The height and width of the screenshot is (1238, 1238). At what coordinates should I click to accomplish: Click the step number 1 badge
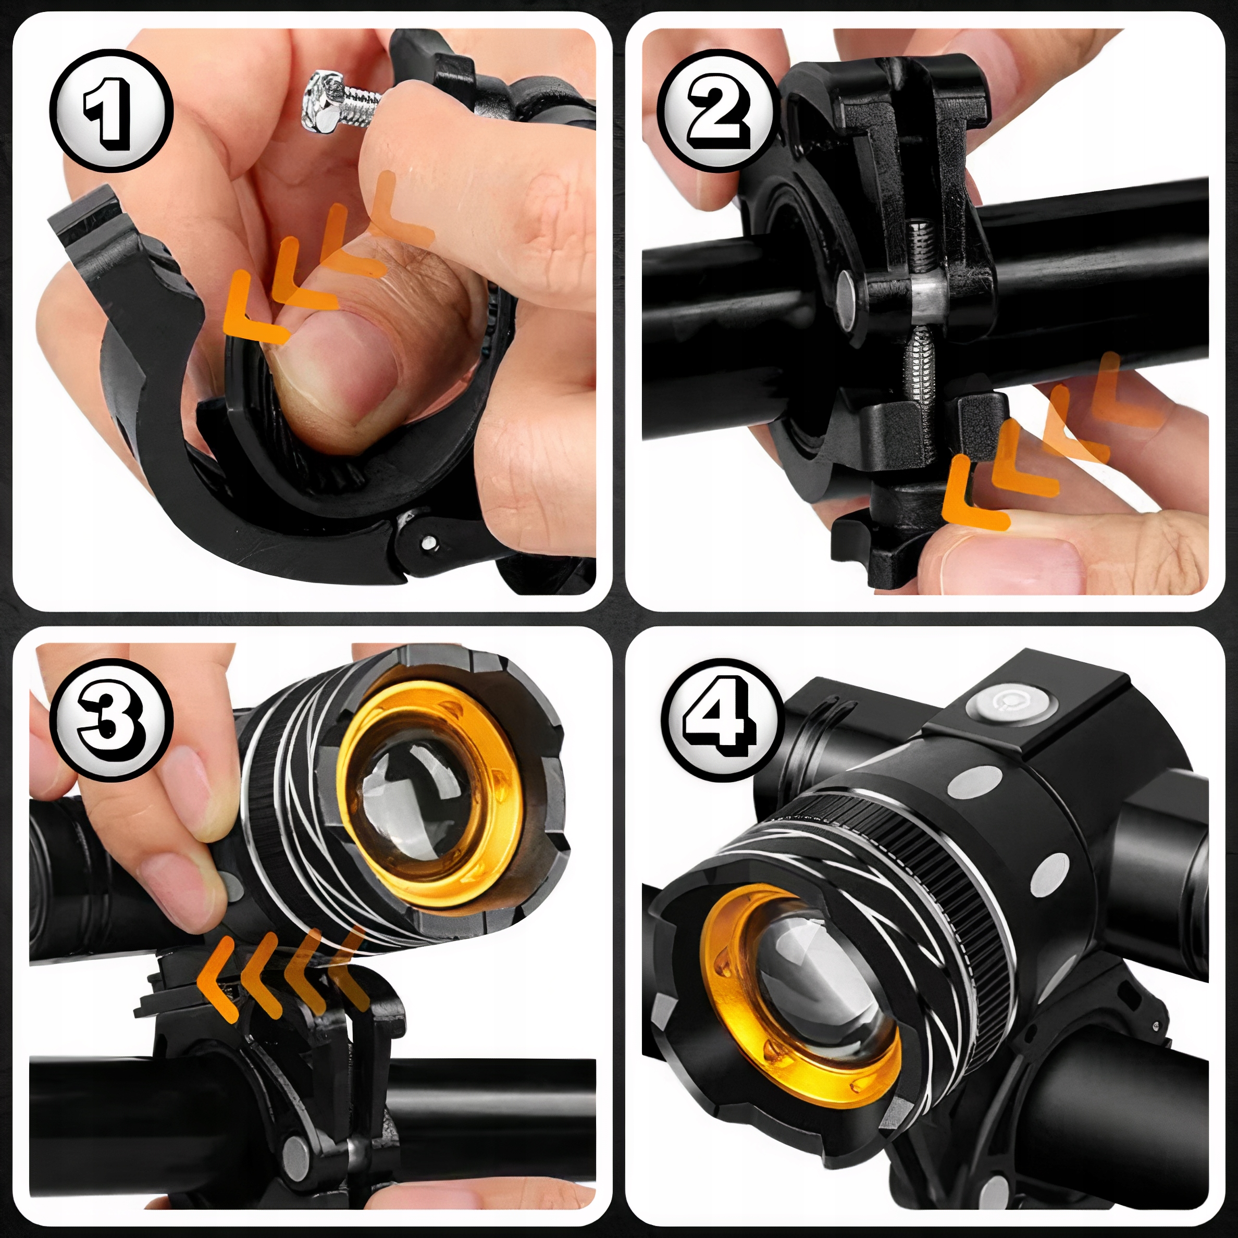(x=112, y=110)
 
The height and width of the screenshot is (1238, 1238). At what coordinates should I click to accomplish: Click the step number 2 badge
(x=719, y=110)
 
